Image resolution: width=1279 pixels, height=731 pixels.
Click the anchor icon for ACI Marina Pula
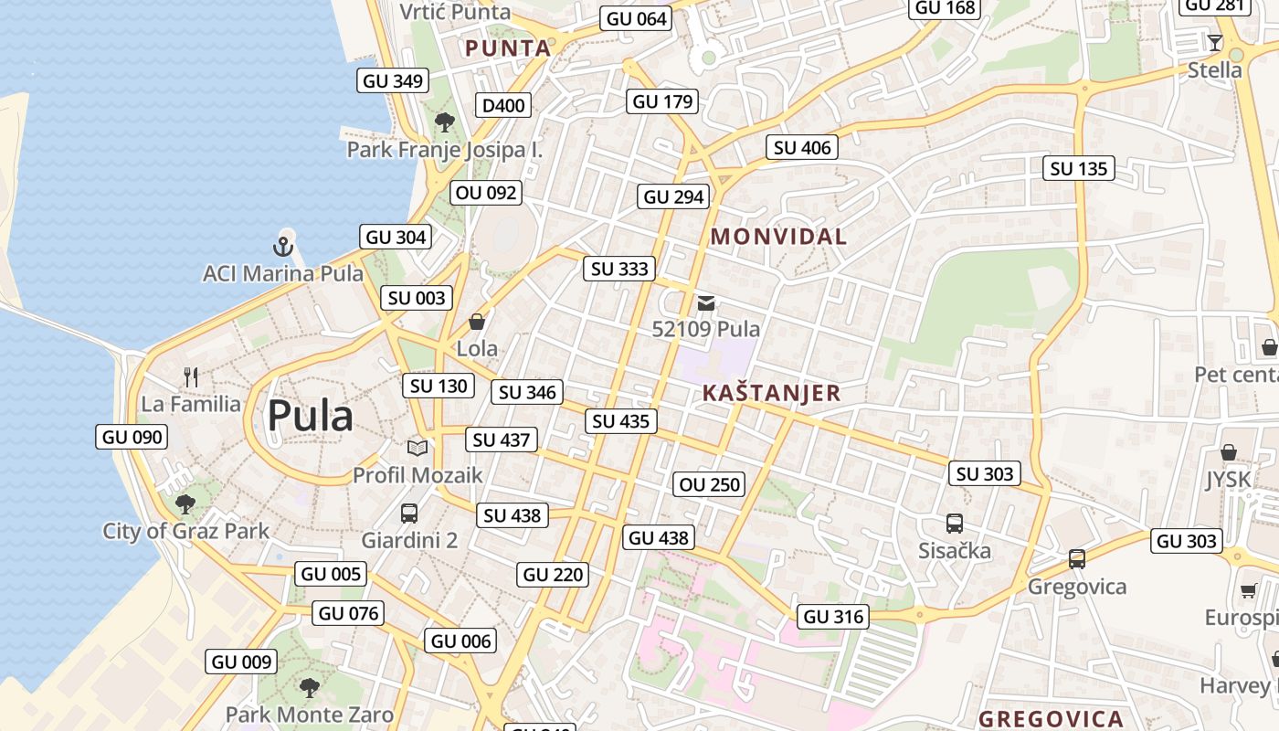coord(282,246)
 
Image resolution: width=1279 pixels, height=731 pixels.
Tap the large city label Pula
coord(310,417)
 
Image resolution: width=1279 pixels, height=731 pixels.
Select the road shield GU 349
coord(393,80)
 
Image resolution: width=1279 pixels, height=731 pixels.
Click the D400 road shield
coord(503,105)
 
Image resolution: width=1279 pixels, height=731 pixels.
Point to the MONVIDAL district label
coord(778,237)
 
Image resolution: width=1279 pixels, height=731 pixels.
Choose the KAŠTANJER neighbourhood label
coord(771,394)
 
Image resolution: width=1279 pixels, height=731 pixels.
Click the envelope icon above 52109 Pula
coord(705,303)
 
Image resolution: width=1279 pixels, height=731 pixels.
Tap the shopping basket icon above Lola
coord(476,322)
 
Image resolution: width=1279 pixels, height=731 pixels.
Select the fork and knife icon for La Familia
coord(191,376)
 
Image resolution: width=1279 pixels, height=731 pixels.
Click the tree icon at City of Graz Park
coord(185,503)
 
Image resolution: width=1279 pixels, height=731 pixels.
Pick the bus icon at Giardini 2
coord(409,513)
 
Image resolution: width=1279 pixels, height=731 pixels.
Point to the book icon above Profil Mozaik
coord(418,448)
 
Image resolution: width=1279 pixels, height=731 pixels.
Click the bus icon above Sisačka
coord(955,524)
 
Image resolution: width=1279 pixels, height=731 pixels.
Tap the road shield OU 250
coord(710,484)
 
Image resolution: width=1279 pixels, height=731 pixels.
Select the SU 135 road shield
coord(1079,168)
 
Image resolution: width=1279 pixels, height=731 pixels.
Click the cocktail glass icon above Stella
coord(1214,43)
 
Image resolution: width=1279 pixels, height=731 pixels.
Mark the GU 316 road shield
coord(833,617)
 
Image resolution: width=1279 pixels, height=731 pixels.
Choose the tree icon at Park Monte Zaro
coord(310,687)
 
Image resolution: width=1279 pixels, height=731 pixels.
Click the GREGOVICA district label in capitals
coord(1051,718)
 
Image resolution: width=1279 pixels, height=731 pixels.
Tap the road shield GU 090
coord(132,437)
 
